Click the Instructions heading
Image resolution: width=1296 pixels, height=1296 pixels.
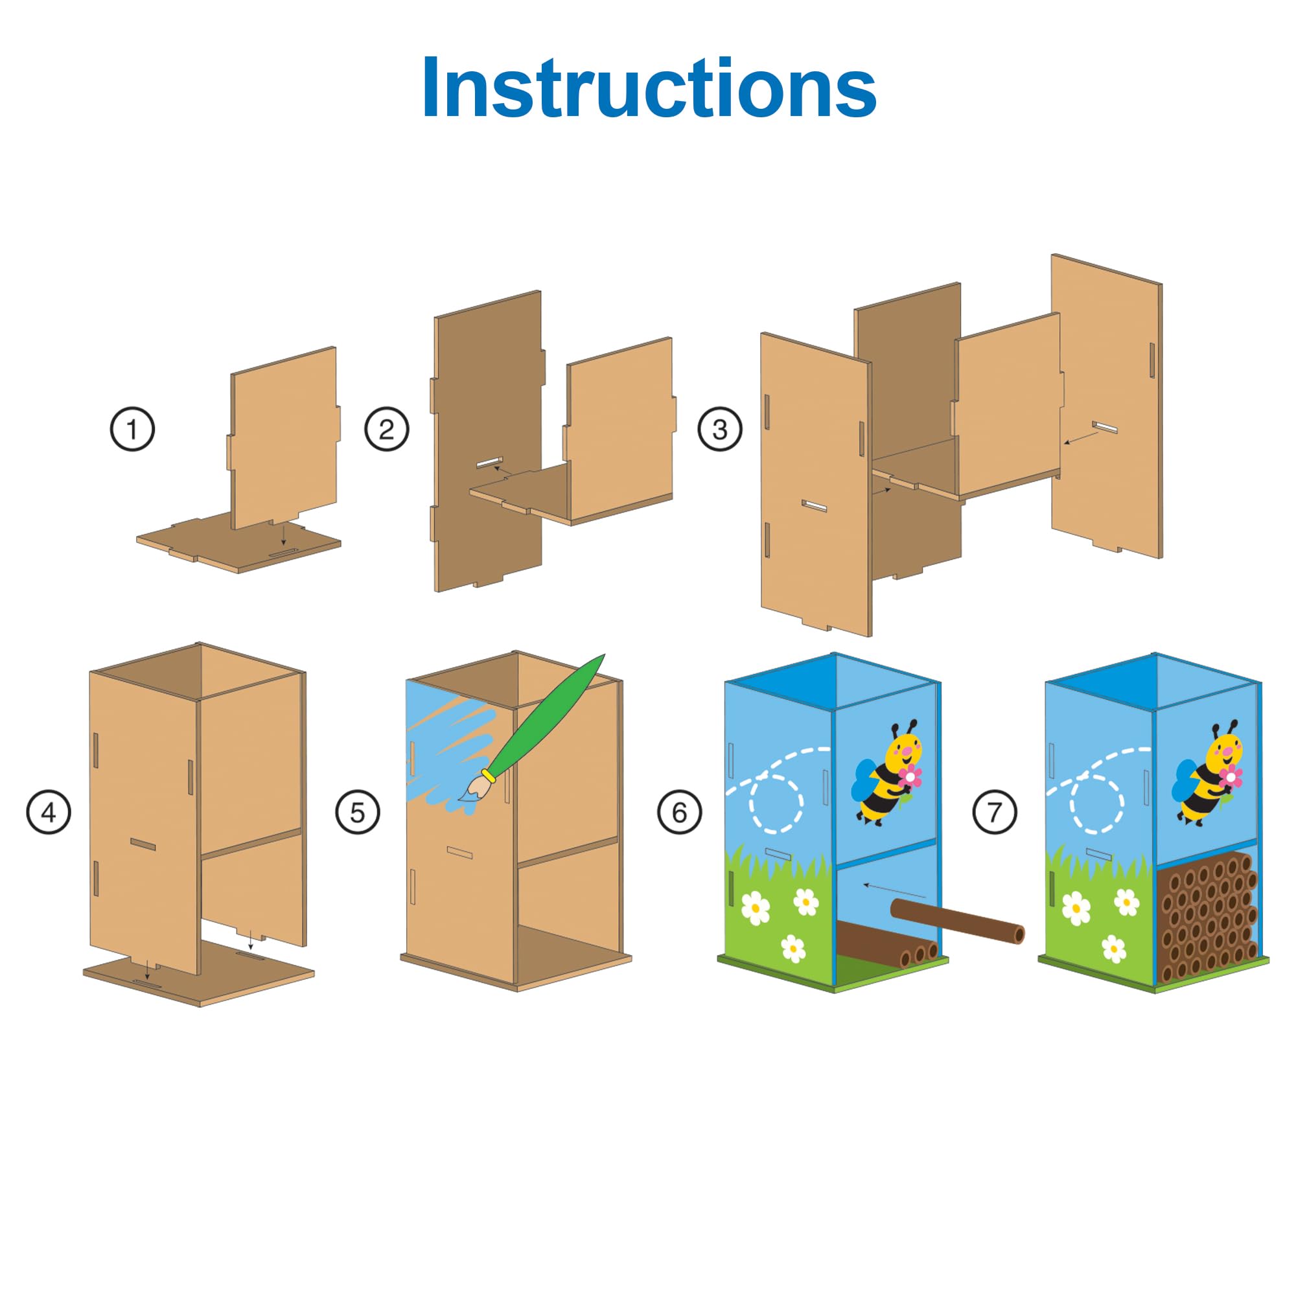pyautogui.click(x=649, y=87)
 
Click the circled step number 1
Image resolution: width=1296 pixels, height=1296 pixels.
pyautogui.click(x=132, y=428)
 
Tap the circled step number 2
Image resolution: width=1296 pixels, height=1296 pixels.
pyautogui.click(x=386, y=428)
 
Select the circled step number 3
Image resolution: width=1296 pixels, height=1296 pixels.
pyautogui.click(x=720, y=428)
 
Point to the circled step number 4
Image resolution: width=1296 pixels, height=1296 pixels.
pyautogui.click(x=49, y=813)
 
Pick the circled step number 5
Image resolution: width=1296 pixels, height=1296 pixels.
pyautogui.click(x=358, y=813)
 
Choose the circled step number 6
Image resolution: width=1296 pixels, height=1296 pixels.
pyautogui.click(x=680, y=813)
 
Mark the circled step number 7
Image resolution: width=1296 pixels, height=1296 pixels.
pyautogui.click(x=995, y=813)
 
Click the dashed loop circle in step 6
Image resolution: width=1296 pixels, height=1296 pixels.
pyautogui.click(x=776, y=804)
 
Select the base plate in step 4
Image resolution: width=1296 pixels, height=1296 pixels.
pyautogui.click(x=198, y=972)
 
